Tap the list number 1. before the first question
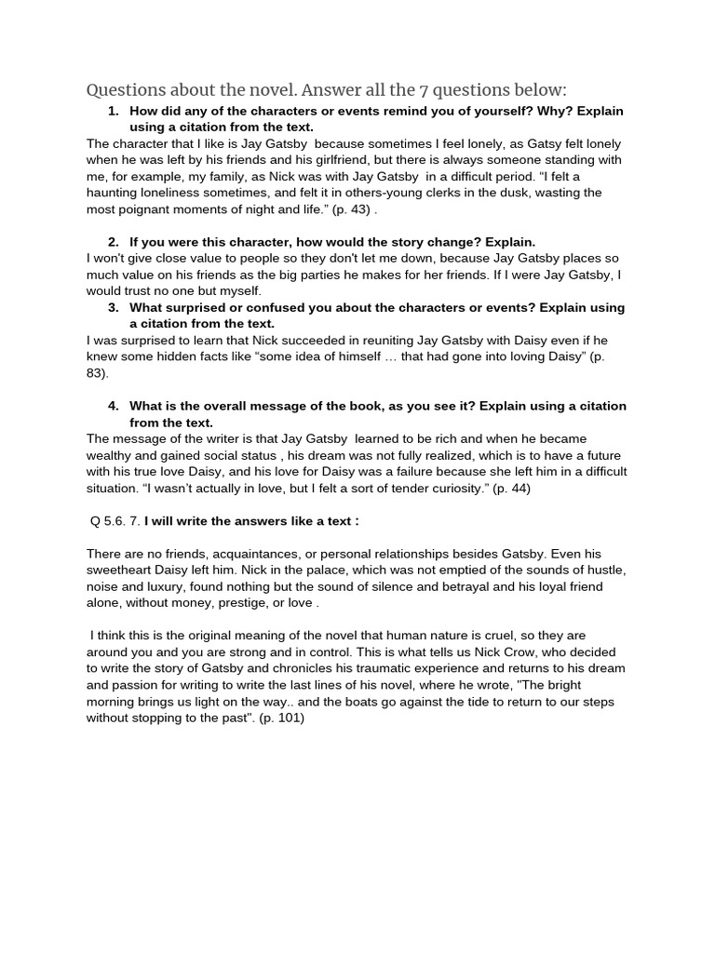115,112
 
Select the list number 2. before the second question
114,242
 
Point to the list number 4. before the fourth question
114,406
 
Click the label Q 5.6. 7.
113,521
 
